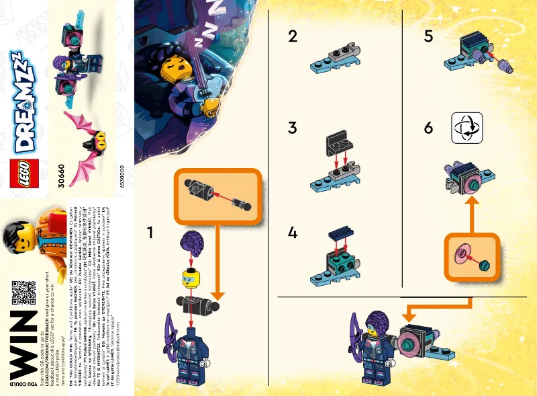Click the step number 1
tap(152, 232)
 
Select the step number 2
tap(292, 37)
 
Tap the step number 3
tap(292, 128)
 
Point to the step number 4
tap(292, 233)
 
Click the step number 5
tap(428, 37)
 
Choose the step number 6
tap(428, 128)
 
